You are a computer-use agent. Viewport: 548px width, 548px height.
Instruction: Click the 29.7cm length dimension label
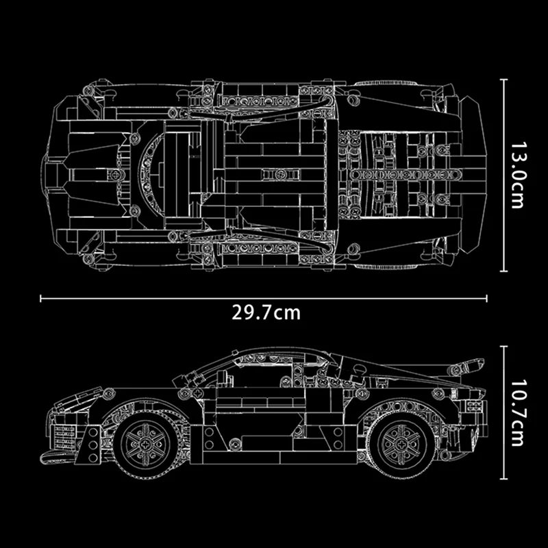(266, 314)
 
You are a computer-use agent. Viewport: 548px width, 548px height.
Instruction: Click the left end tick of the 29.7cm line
(42, 298)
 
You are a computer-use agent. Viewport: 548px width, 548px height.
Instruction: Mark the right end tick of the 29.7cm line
(487, 298)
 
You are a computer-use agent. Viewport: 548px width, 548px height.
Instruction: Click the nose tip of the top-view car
(45, 175)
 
